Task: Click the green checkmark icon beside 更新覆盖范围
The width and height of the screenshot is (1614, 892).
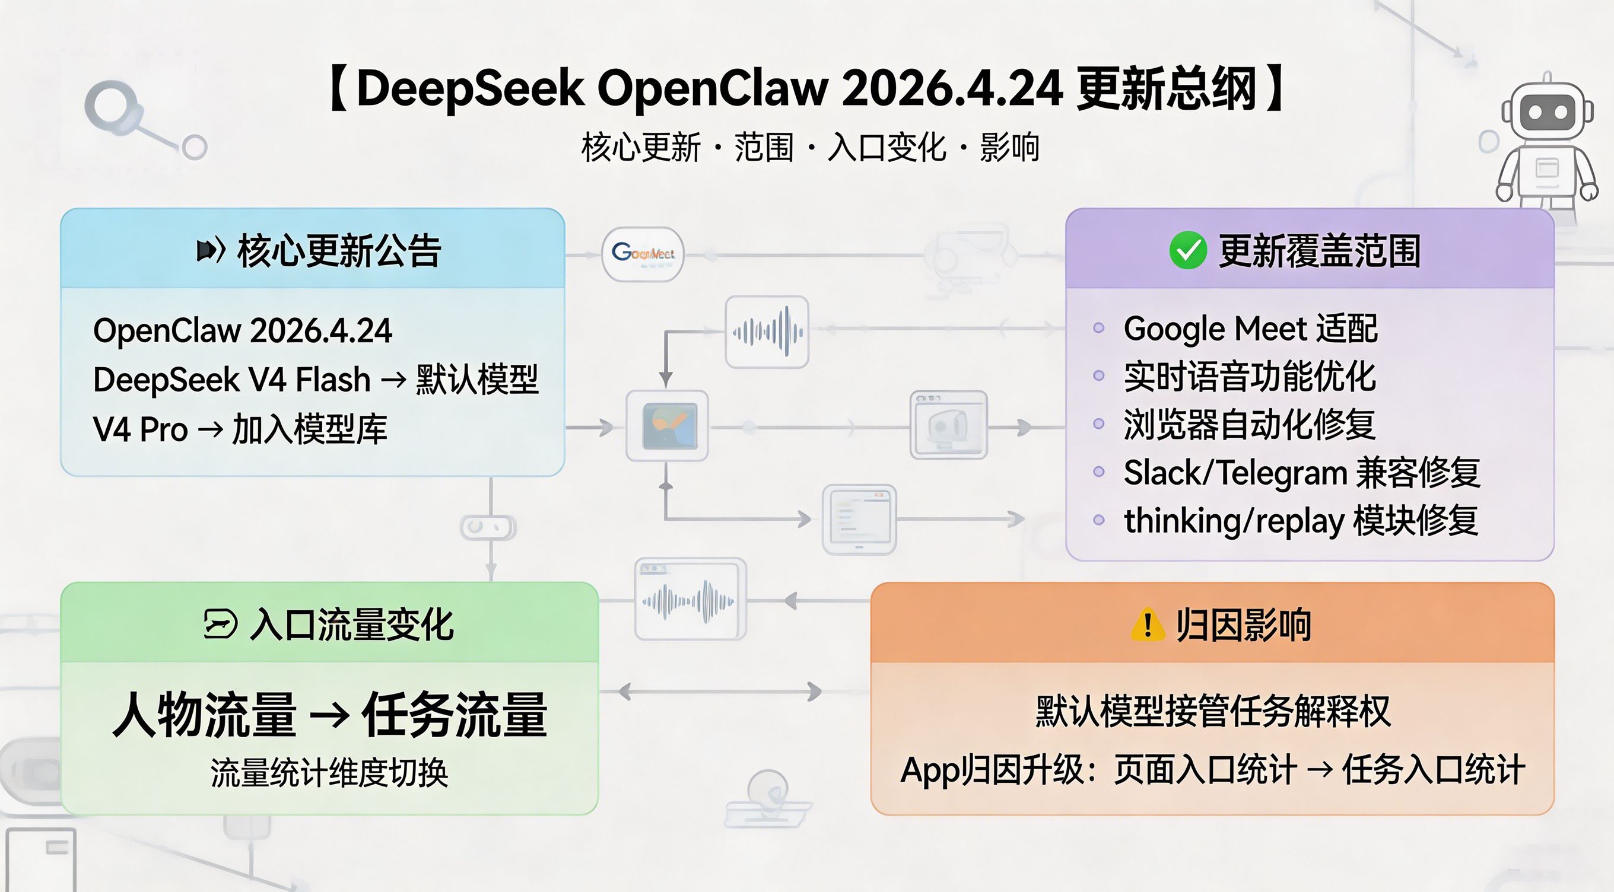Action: [1187, 250]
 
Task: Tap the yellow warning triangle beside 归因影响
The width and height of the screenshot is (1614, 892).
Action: [1147, 625]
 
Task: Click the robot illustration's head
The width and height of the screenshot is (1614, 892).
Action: [1547, 113]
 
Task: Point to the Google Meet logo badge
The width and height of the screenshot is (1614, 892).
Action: [642, 254]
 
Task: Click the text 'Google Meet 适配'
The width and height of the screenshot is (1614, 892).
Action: [1250, 329]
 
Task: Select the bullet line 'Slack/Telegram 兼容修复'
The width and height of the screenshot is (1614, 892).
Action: [1301, 472]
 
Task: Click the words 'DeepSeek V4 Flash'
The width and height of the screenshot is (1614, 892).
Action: [232, 380]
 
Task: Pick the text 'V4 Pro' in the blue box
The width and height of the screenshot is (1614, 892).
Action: [141, 430]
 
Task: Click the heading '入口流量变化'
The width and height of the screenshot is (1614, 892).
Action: [351, 625]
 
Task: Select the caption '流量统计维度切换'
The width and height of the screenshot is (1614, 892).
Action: [329, 772]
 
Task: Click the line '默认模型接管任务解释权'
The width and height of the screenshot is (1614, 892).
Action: [1212, 712]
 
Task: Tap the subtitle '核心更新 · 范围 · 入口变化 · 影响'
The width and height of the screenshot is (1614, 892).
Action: [810, 148]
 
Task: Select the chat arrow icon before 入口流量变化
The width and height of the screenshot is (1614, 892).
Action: [221, 625]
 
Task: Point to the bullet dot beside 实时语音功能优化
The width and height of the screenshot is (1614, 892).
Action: [1098, 376]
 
